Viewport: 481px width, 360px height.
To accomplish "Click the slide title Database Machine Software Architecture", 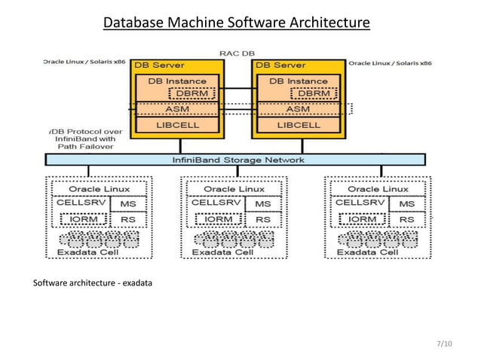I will [236, 24].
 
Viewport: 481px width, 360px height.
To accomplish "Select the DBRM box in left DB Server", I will [192, 93].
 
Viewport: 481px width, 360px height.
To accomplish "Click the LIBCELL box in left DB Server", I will [177, 125].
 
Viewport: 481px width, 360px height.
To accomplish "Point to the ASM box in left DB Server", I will [177, 110].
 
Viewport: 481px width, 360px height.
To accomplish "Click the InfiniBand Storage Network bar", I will [236, 160].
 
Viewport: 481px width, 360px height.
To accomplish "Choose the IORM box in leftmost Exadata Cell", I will [82, 220].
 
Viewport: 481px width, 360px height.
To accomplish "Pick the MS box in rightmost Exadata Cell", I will [406, 204].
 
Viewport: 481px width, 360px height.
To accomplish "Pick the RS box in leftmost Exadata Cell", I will [127, 220].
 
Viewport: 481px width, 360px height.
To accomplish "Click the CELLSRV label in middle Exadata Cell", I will [214, 203].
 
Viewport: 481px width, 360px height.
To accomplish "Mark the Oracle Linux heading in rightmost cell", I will [378, 188].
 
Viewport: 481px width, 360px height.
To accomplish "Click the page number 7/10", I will [445, 344].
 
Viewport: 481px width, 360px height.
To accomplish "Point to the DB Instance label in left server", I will [177, 81].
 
